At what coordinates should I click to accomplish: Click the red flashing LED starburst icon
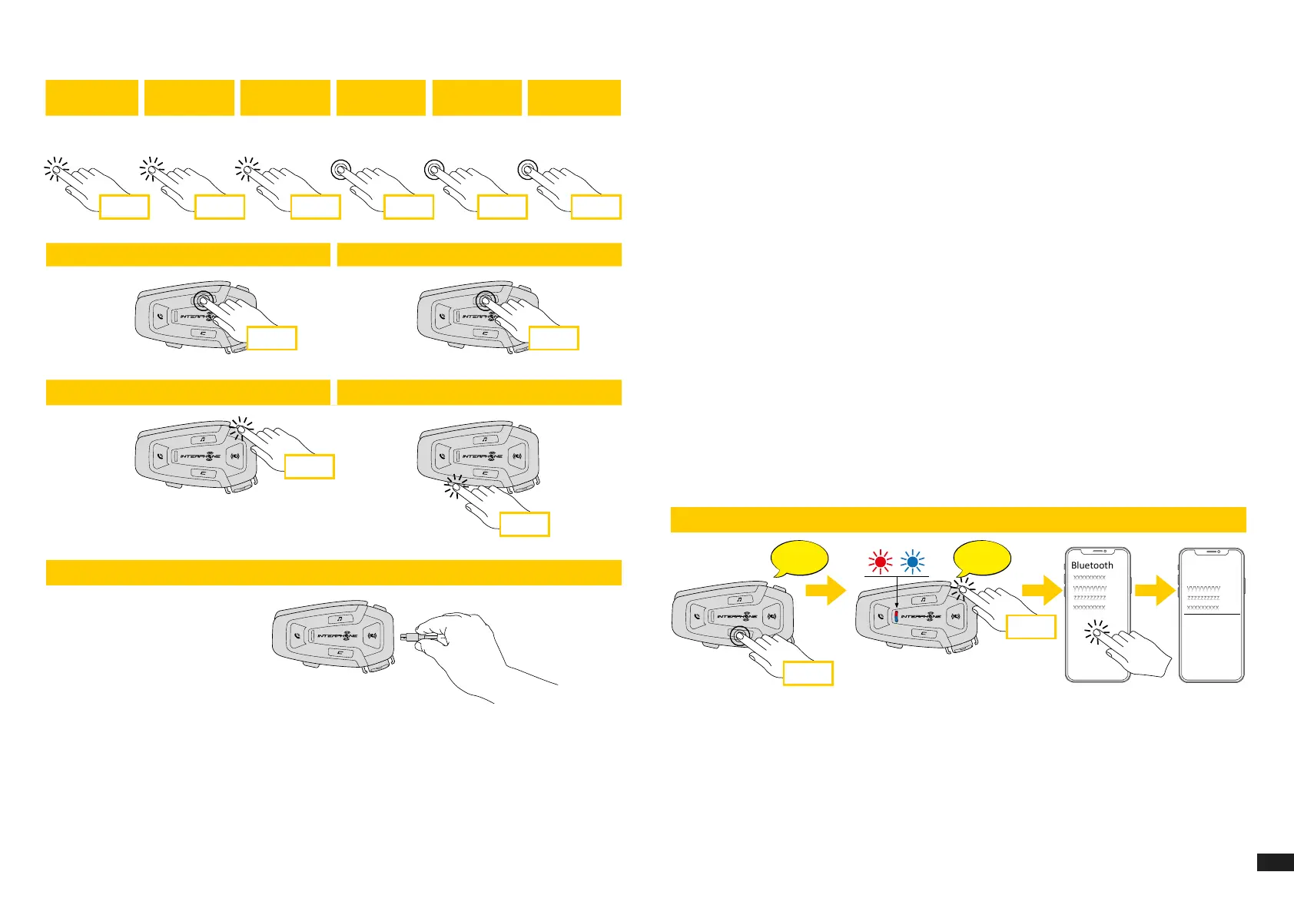click(881, 562)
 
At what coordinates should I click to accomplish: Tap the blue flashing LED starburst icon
click(913, 562)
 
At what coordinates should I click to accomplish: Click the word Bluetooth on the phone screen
click(1092, 565)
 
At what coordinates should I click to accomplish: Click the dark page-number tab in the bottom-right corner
click(1275, 863)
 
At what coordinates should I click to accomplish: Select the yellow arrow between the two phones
click(1156, 592)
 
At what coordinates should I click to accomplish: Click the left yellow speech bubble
click(798, 559)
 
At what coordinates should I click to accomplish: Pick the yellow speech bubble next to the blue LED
click(981, 559)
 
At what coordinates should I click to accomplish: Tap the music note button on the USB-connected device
click(339, 619)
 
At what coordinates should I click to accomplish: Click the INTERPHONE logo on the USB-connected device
click(338, 636)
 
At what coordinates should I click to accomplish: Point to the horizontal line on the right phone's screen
click(1212, 614)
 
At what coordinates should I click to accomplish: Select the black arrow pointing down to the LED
click(897, 595)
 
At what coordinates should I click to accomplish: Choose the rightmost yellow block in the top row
click(574, 98)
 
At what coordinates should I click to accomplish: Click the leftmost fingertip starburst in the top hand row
click(55, 169)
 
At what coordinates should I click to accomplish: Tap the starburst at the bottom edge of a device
click(456, 486)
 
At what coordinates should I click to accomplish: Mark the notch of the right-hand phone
click(1212, 552)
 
